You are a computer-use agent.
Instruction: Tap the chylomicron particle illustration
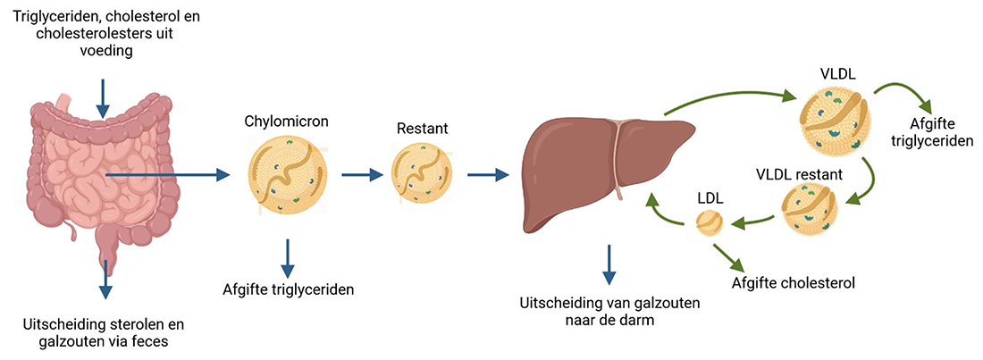coord(288,177)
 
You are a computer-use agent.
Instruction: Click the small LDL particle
coord(710,223)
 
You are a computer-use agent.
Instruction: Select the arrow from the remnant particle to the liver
coord(483,176)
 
